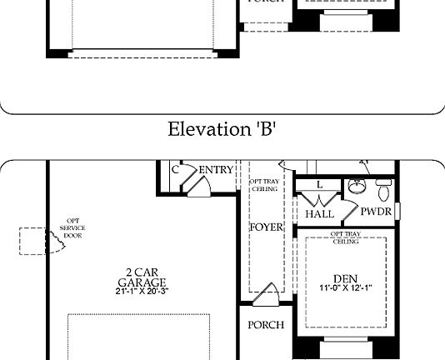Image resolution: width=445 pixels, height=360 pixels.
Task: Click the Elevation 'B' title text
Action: click(x=222, y=129)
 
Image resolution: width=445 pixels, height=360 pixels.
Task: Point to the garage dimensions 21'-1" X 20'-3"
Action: click(x=130, y=291)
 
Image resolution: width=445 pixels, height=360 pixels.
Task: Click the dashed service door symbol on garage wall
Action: click(x=32, y=241)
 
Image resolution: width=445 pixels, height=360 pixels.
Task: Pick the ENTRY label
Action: click(x=217, y=170)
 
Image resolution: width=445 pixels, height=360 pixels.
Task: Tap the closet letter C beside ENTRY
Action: click(x=176, y=170)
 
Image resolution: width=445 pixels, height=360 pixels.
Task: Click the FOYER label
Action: click(x=267, y=227)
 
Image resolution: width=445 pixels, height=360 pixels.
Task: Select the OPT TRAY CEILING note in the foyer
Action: click(x=265, y=185)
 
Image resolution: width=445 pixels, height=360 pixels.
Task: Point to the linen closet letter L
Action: click(x=319, y=185)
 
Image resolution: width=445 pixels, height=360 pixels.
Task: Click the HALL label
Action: click(x=320, y=214)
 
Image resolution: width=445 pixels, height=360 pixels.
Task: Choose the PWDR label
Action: click(x=376, y=212)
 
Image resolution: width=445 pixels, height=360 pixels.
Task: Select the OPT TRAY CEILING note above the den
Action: click(x=346, y=237)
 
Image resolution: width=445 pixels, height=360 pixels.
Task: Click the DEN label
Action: click(x=345, y=279)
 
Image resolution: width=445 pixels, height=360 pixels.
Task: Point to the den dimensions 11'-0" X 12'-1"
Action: click(x=345, y=289)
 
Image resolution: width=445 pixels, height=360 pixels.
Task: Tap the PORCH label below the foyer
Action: click(x=267, y=325)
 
